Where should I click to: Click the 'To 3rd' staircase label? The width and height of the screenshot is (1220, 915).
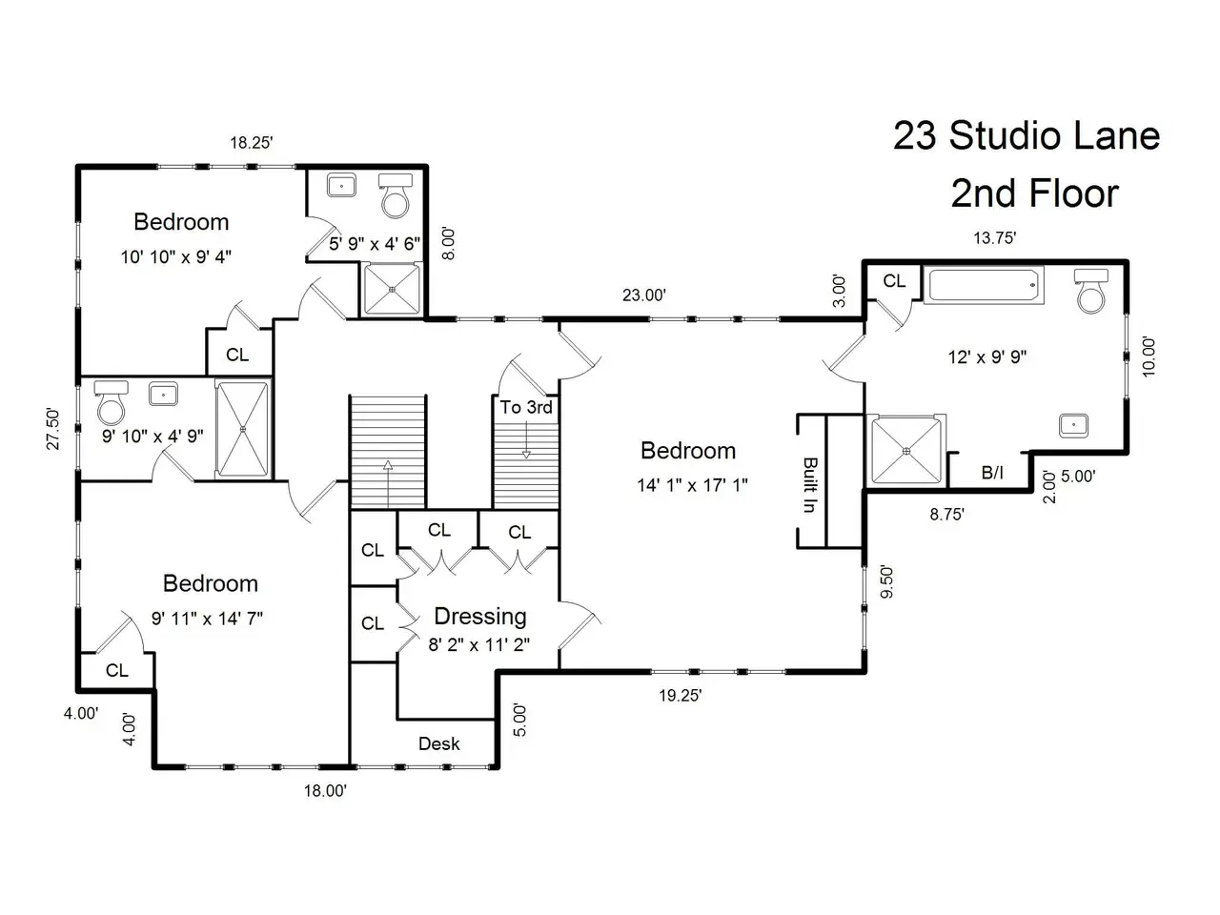click(525, 407)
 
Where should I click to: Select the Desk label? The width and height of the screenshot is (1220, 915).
click(439, 743)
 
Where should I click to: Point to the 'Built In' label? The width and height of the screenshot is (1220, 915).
click(810, 484)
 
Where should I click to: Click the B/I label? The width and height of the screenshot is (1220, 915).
click(992, 473)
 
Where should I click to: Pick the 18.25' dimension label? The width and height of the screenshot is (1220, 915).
click(252, 143)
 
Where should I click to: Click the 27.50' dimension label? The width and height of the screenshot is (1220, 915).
click(52, 429)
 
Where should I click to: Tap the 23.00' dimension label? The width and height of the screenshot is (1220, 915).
click(643, 295)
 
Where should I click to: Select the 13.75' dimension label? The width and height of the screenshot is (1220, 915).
click(994, 237)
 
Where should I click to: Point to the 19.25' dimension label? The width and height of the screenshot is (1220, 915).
click(681, 695)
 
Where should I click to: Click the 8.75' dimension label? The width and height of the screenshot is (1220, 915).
click(946, 515)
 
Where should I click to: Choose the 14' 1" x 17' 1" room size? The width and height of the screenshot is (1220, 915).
click(692, 485)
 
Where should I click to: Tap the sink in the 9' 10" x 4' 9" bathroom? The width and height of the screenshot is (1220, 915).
click(163, 395)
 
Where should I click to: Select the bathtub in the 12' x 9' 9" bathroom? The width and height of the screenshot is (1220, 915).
click(984, 286)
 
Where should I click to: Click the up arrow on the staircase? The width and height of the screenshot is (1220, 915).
click(387, 483)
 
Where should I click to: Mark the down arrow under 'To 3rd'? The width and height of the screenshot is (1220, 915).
click(526, 439)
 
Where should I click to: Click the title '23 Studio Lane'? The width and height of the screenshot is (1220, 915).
click(1027, 135)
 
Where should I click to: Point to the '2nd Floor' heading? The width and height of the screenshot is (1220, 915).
click(1034, 193)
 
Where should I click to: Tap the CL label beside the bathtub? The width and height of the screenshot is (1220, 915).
click(894, 281)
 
